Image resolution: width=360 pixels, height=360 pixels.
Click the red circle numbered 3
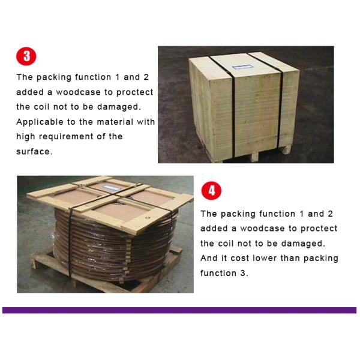tap(26, 56)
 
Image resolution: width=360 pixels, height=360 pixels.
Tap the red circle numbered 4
tap(211, 191)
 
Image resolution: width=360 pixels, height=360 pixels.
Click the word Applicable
tap(40, 122)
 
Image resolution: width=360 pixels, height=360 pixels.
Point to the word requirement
tap(66, 137)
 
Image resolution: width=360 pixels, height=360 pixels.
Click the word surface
tap(34, 152)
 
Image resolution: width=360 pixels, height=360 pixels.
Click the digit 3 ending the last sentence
tap(243, 273)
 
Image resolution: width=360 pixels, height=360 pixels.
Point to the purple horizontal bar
tap(179, 310)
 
